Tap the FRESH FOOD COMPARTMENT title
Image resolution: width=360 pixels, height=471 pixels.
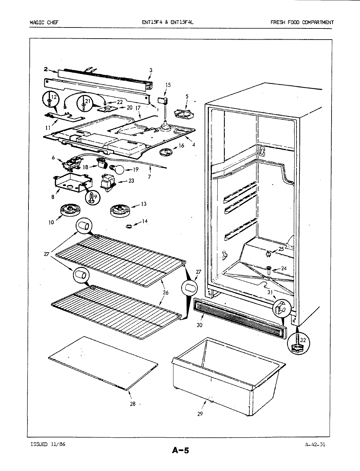tap(302, 23)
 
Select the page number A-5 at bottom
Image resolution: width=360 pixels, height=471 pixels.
tap(180, 451)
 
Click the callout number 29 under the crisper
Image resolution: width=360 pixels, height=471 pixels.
tap(200, 414)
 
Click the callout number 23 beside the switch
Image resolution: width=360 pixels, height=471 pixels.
tap(131, 181)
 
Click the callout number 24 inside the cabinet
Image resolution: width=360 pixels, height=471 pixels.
tap(284, 269)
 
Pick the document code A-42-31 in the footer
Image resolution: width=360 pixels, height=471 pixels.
tap(315, 444)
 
